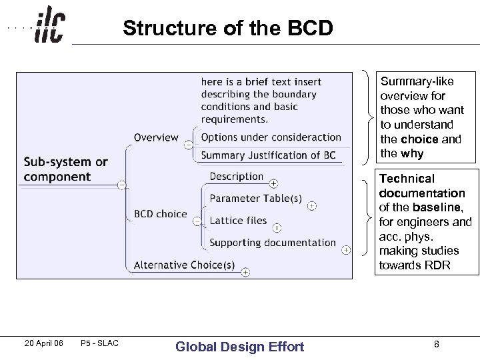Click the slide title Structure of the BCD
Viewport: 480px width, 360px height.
pos(227,29)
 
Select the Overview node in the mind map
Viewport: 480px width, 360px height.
pos(156,138)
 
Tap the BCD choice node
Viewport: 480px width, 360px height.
pos(160,214)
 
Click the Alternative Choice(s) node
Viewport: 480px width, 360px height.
pos(184,265)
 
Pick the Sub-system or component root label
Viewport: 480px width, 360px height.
pos(65,169)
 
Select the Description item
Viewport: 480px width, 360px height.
pos(236,177)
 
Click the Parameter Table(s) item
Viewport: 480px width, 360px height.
pos(255,199)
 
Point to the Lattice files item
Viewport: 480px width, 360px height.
pos(238,221)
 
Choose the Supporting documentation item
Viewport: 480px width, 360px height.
pos(273,243)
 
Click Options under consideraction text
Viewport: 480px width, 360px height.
pos(271,137)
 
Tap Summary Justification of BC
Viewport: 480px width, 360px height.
pos(268,155)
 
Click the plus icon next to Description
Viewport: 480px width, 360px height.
pos(273,183)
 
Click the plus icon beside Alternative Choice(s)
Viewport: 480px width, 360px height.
pos(245,271)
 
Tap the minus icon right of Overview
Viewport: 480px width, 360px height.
pos(189,145)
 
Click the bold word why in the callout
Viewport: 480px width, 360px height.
pos(412,153)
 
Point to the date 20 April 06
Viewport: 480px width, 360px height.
pos(43,343)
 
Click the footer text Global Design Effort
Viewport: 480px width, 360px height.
pos(239,346)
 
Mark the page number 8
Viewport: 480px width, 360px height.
pos(436,344)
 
